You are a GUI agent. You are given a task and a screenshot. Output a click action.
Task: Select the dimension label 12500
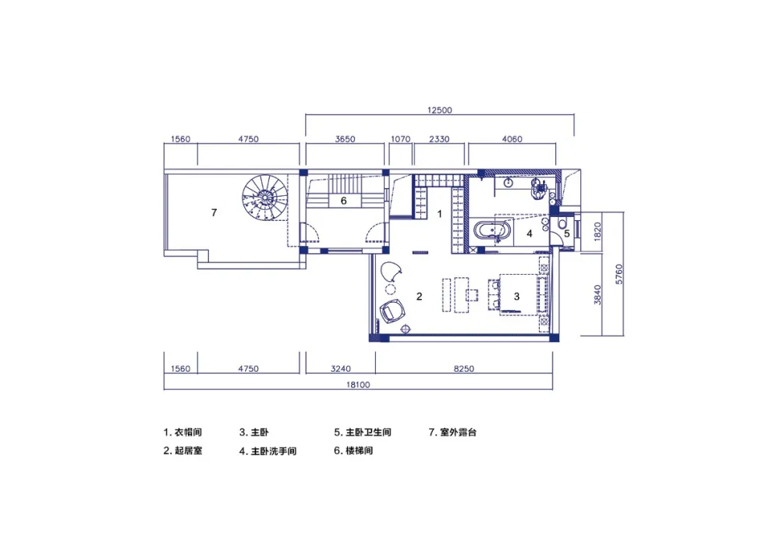pos(440,110)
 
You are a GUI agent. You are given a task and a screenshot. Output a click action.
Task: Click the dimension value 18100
pos(358,385)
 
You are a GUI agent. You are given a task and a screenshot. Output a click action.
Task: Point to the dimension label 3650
pos(345,139)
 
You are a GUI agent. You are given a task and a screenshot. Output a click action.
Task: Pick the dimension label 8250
pos(463,369)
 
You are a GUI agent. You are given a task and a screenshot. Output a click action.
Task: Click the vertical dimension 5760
pos(619,274)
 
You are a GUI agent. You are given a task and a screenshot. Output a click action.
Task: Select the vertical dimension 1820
pos(597,231)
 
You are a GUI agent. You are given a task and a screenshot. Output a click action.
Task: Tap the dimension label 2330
pos(439,139)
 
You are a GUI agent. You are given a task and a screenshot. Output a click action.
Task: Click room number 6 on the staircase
pos(343,201)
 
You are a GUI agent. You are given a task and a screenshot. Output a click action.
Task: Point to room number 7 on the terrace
pos(214,212)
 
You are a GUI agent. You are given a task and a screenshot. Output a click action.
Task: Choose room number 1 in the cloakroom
pos(439,214)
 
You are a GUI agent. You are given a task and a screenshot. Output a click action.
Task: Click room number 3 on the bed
pos(516,297)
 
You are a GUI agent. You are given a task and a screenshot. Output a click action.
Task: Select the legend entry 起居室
pos(189,451)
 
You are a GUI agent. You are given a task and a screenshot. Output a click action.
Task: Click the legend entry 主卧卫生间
pos(369,432)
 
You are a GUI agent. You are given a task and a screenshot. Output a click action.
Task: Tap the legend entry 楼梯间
pos(360,451)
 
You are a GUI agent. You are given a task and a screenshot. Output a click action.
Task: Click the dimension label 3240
pos(341,369)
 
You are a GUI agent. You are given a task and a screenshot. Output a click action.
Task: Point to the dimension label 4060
pos(512,139)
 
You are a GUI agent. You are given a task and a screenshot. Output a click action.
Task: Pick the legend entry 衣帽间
pos(189,432)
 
